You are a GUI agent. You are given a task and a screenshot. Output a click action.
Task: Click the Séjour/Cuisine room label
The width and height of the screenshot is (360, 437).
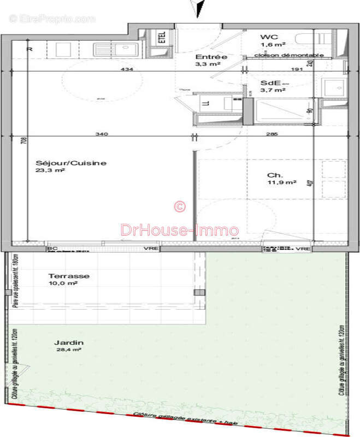click(x=70, y=163)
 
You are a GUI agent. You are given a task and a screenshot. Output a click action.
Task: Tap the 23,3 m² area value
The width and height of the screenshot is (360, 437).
click(x=51, y=170)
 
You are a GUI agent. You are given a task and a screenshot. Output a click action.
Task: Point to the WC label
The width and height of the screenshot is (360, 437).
click(x=265, y=37)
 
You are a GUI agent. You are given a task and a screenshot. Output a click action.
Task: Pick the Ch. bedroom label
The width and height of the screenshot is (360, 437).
click(x=274, y=175)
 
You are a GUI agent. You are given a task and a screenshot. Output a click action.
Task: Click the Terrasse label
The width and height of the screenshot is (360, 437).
click(x=68, y=276)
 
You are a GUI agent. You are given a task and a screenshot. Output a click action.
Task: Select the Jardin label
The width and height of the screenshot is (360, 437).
click(x=65, y=342)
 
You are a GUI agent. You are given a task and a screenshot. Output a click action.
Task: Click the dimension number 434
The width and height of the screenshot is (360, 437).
click(x=126, y=69)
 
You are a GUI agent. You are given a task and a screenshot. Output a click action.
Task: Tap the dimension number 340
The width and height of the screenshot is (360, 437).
click(x=101, y=133)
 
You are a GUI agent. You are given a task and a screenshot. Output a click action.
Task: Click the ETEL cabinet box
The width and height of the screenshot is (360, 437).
click(x=162, y=37)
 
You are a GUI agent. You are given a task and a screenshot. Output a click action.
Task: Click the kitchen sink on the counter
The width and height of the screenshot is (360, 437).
click(x=116, y=49)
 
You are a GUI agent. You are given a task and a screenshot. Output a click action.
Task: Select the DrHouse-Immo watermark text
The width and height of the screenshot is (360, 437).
click(x=179, y=231)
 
